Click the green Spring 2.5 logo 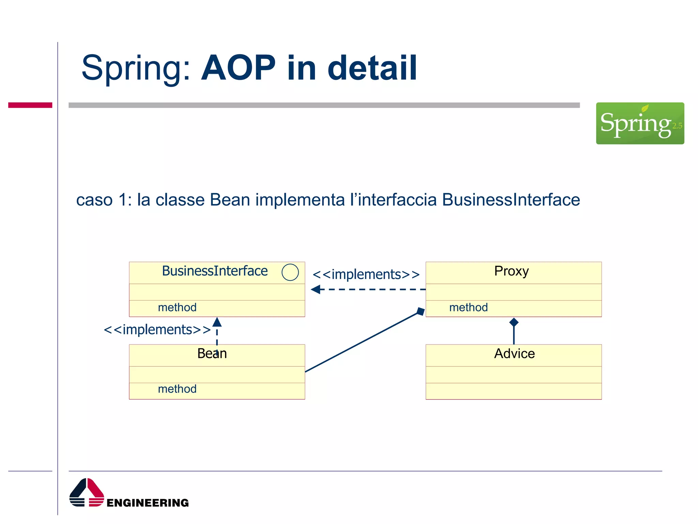[640, 123]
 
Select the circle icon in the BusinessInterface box [290, 272]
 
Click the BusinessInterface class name [215, 271]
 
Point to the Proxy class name [511, 271]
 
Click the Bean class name [212, 353]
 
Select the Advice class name [514, 353]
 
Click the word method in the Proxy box [468, 307]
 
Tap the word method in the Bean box [177, 389]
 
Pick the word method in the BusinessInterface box [177, 307]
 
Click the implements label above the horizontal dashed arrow [366, 274]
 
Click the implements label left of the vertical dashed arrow [157, 330]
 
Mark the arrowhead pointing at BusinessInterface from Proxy [316, 289]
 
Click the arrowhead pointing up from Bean [217, 322]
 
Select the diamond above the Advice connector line [514, 322]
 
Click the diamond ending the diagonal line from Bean [421, 311]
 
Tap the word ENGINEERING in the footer [148, 503]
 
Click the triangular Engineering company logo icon [87, 492]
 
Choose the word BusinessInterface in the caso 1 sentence [511, 200]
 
